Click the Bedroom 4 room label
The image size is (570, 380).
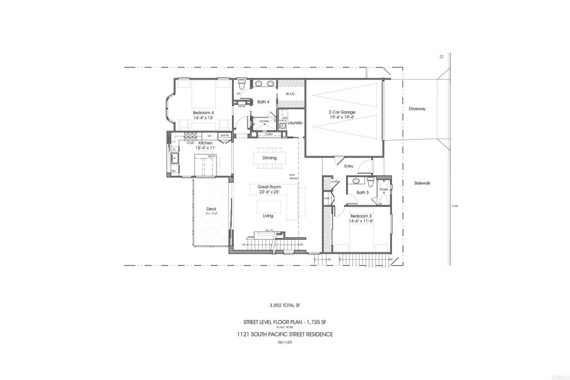(x=203, y=112)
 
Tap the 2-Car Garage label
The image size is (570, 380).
(x=342, y=112)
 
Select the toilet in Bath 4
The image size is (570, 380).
(x=241, y=85)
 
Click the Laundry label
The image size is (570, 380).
(x=295, y=122)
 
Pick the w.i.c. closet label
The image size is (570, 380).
(x=291, y=94)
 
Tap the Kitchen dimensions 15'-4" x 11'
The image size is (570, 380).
(x=204, y=149)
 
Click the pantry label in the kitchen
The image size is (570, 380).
(x=225, y=135)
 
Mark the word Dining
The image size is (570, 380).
(x=269, y=158)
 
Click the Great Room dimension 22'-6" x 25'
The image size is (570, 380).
(x=269, y=192)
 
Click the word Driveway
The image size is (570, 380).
(x=416, y=109)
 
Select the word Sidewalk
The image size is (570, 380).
(x=422, y=183)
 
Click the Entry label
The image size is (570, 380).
(x=349, y=166)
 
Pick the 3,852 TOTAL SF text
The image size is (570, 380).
(x=284, y=305)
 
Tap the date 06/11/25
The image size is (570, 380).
(x=284, y=343)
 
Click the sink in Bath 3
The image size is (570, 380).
(x=356, y=181)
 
